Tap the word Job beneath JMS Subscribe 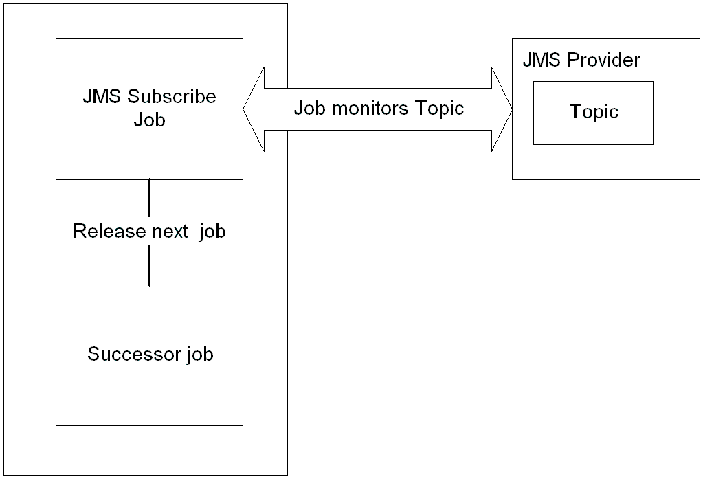(149, 120)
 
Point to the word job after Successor (200, 355)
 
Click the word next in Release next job (168, 232)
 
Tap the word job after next (212, 232)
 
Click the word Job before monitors (308, 109)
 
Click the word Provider (603, 60)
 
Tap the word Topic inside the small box (594, 112)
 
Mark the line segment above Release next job (149, 199)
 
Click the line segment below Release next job (149, 265)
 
